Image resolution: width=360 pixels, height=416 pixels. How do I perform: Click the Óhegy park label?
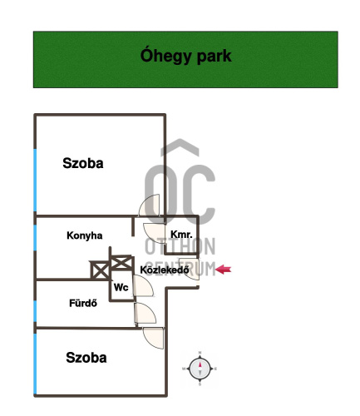tap(185, 57)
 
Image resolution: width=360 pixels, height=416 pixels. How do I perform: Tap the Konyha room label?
tap(85, 235)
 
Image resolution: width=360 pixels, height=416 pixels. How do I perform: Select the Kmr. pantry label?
tap(181, 235)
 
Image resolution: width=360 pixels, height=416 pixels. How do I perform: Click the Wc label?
tap(121, 287)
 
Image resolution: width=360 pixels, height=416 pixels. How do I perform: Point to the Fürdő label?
tap(83, 303)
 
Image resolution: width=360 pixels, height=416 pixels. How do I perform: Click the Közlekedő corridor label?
tap(165, 270)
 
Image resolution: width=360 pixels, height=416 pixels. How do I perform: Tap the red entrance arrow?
tap(224, 270)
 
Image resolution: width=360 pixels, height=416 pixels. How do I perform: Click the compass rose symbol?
tap(200, 369)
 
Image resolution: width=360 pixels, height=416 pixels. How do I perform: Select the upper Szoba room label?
tap(83, 163)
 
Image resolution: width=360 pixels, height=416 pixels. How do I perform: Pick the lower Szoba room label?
tap(86, 358)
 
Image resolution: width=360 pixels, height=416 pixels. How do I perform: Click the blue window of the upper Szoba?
tap(35, 181)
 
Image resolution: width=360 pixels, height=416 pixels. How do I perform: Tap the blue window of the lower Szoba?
tap(35, 364)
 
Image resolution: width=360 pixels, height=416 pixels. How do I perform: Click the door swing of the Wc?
tap(143, 286)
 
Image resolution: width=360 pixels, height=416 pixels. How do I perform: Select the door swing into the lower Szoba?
tap(153, 338)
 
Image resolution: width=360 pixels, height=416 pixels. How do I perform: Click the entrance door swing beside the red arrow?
tap(190, 269)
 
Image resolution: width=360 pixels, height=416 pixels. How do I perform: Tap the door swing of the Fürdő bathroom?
tap(145, 313)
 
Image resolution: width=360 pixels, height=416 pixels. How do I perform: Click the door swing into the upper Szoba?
tap(149, 206)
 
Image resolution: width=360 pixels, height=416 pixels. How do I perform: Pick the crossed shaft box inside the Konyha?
tap(100, 270)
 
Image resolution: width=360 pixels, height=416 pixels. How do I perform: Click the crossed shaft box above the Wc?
tap(121, 262)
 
